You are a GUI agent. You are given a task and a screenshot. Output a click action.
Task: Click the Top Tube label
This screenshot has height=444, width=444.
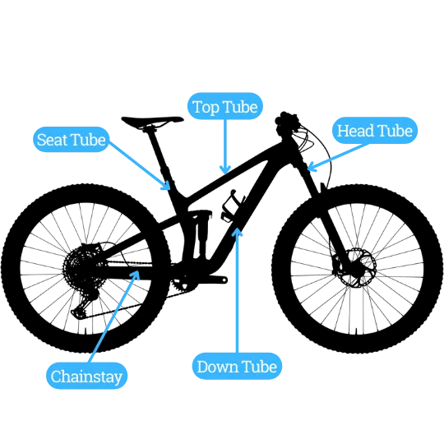point(225,106)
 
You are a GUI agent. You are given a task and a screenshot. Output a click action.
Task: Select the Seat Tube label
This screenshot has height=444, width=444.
point(71,140)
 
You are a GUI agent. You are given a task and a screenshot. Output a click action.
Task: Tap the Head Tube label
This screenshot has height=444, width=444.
point(375,131)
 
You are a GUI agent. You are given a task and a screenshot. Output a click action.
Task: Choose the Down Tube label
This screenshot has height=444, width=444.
point(237,366)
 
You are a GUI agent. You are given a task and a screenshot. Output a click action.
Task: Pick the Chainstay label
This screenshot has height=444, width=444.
point(86,376)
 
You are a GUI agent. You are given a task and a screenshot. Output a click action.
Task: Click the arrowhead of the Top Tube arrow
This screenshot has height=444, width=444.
point(225,170)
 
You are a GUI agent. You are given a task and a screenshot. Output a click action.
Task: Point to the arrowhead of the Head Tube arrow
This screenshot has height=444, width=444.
point(311,167)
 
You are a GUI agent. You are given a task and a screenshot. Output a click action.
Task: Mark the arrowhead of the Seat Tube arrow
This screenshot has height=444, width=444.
point(166,186)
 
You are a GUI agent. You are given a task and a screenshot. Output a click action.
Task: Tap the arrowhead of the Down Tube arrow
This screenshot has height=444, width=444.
point(237,231)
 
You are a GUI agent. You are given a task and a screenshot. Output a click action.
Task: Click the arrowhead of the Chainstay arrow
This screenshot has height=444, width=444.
point(136,275)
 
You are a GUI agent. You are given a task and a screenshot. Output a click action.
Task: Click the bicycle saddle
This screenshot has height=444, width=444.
point(152,121)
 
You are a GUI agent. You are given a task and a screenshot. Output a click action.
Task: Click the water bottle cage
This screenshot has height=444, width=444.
point(232,206)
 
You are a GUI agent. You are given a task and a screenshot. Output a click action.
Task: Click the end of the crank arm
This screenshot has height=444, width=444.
point(224,280)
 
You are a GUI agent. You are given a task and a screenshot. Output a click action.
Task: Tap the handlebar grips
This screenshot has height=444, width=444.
point(287,119)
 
